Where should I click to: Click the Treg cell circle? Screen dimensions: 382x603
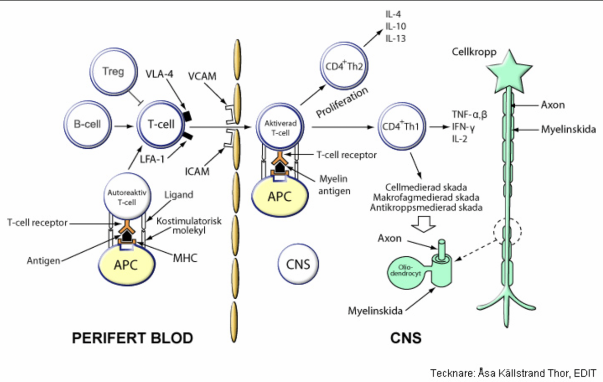(x=113, y=72)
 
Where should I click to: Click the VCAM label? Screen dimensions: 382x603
(x=202, y=76)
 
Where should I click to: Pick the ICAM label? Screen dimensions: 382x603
(x=197, y=171)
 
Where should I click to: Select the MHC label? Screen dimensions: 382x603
(x=185, y=259)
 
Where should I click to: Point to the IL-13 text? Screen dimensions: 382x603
(x=396, y=38)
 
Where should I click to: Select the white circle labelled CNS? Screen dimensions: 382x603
(x=298, y=263)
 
